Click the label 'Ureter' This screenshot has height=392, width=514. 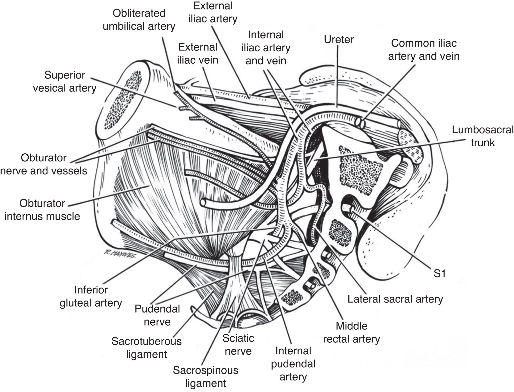(339, 40)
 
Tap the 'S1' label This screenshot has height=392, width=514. (439, 274)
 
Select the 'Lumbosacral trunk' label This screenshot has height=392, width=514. (483, 136)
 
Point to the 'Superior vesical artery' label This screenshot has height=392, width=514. (65, 81)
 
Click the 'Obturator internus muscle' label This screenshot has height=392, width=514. (42, 210)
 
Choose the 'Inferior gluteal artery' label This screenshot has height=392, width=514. (91, 297)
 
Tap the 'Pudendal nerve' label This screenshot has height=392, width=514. (157, 315)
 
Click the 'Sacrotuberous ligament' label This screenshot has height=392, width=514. (147, 348)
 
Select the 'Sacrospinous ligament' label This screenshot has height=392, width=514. (206, 377)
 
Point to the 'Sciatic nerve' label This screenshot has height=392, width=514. (238, 345)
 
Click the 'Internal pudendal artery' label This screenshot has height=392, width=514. (293, 364)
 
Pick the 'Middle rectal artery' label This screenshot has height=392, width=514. (351, 332)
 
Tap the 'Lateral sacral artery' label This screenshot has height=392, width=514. (395, 299)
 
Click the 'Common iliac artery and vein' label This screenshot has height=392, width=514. (424, 50)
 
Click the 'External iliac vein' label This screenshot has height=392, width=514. (198, 53)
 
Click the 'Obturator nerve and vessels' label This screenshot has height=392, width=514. (44, 164)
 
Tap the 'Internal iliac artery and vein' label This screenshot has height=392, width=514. (266, 48)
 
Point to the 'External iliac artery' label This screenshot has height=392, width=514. (213, 12)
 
